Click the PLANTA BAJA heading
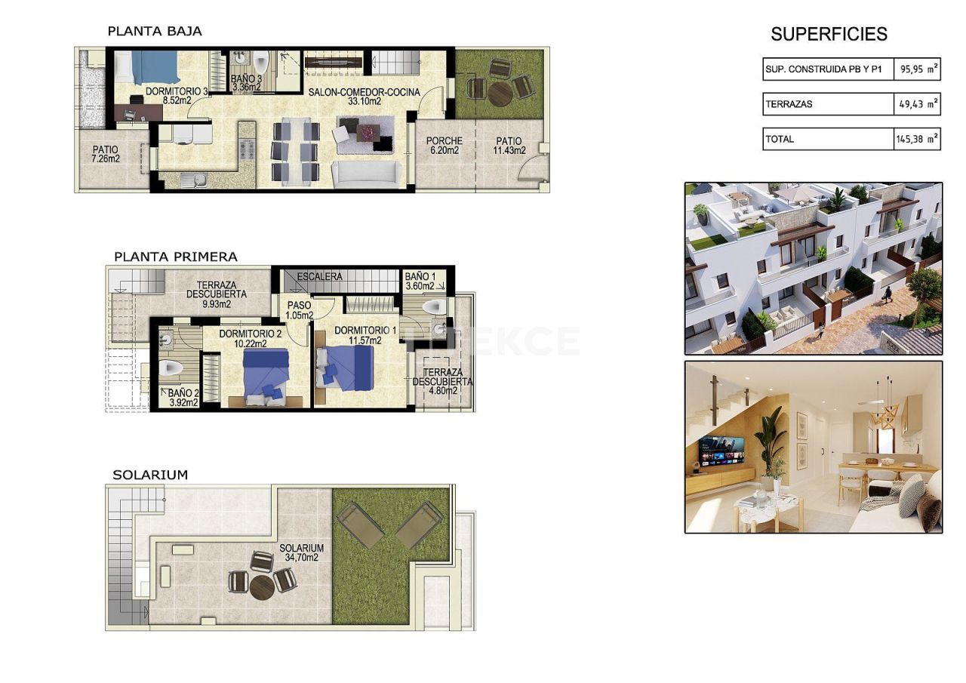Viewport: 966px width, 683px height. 155,31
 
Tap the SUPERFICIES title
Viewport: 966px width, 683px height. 829,34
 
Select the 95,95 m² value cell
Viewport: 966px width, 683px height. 918,69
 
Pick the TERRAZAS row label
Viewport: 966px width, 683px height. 789,104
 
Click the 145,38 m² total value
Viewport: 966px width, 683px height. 918,139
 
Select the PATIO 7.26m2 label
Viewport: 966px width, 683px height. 106,154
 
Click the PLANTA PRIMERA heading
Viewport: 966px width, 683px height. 175,257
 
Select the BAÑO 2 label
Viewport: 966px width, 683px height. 183,397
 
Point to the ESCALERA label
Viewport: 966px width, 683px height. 319,276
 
